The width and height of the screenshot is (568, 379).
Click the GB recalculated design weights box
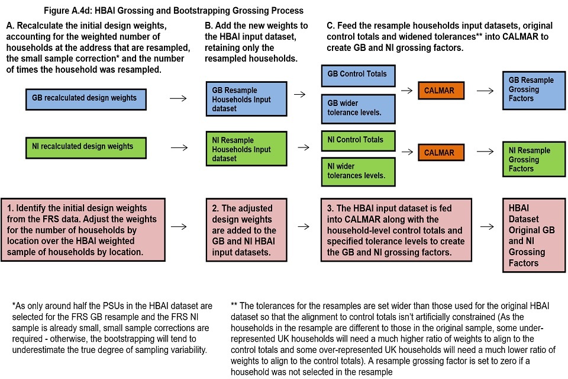86,98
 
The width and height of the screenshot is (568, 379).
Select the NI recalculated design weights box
86,146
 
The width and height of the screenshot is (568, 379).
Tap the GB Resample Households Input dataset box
246,99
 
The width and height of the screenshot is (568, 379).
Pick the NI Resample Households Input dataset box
246,149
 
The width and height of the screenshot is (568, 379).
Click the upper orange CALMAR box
439,91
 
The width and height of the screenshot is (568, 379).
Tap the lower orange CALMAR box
439,153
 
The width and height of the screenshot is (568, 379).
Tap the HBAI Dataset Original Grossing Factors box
531,236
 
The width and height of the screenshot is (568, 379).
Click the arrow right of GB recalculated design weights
176,98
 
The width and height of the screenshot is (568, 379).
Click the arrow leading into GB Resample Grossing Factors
485,91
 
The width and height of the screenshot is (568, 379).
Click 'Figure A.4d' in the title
69,11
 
